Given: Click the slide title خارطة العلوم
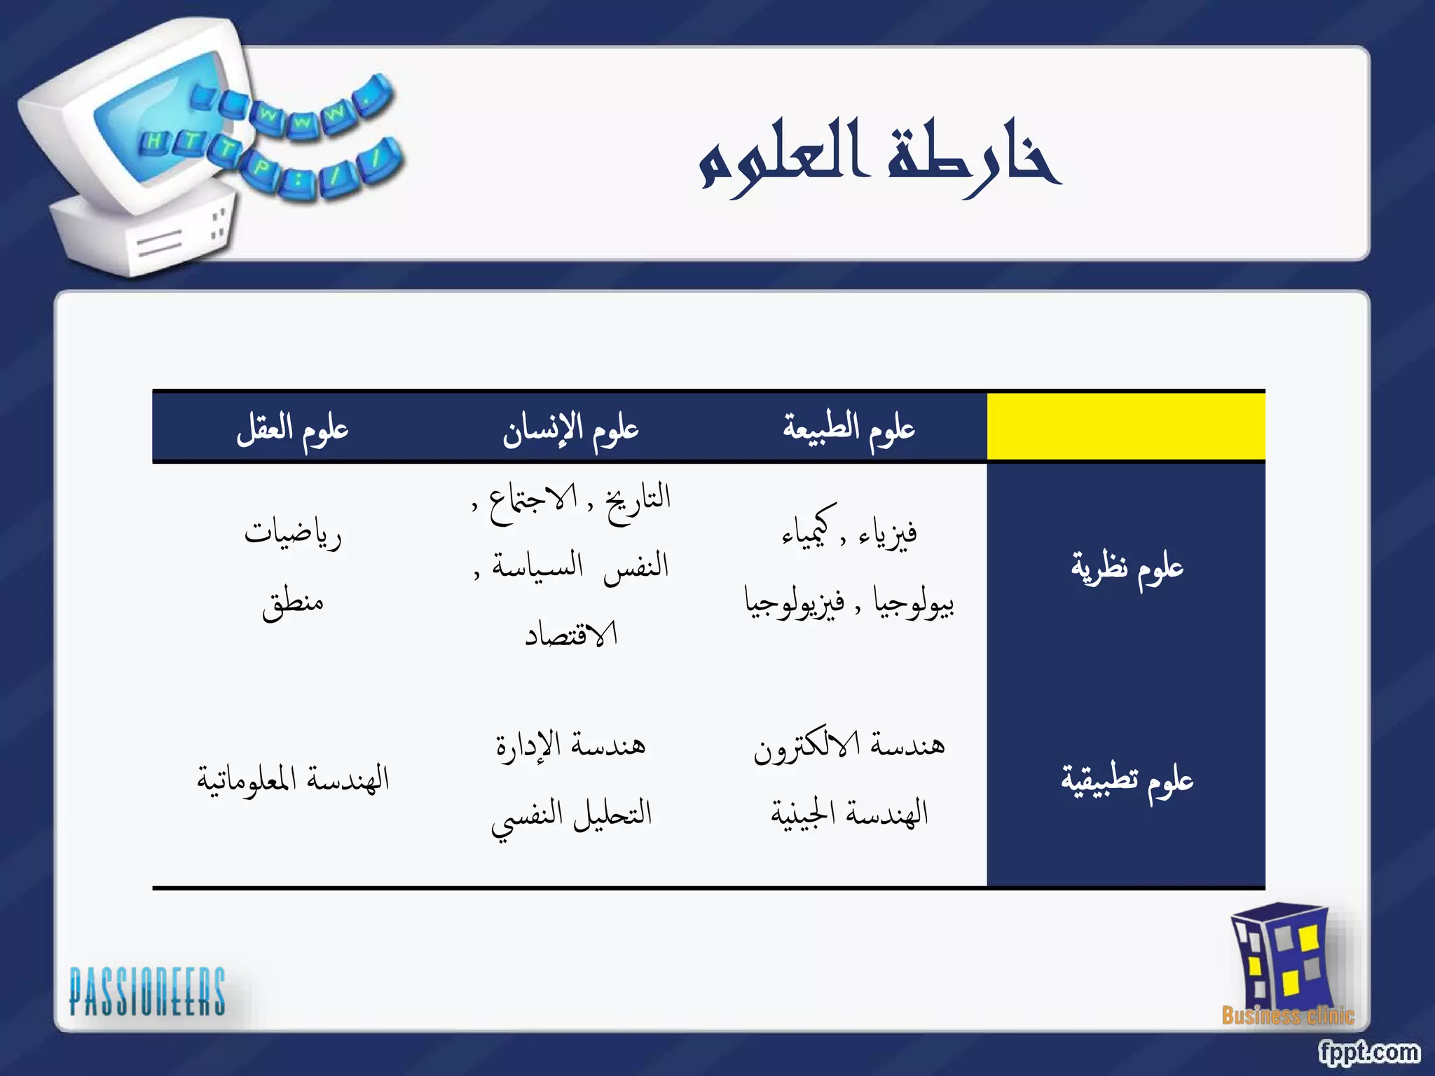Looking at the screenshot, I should tap(879, 158).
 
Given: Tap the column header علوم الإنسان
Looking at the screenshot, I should tap(570, 428).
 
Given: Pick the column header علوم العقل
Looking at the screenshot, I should tap(292, 428).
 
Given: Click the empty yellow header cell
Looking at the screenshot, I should tap(1125, 427).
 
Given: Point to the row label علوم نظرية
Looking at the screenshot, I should tap(1127, 567).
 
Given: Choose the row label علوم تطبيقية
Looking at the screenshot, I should tap(1127, 780).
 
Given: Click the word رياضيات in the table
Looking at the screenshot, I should tap(292, 534).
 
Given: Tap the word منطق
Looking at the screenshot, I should tap(292, 602).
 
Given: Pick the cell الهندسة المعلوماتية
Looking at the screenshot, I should tap(292, 779).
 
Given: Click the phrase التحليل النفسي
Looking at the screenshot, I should tap(571, 815).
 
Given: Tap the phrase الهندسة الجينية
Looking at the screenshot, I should tap(849, 813).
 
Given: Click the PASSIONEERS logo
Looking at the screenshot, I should tap(147, 991).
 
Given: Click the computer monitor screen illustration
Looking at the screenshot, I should tap(161, 116).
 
